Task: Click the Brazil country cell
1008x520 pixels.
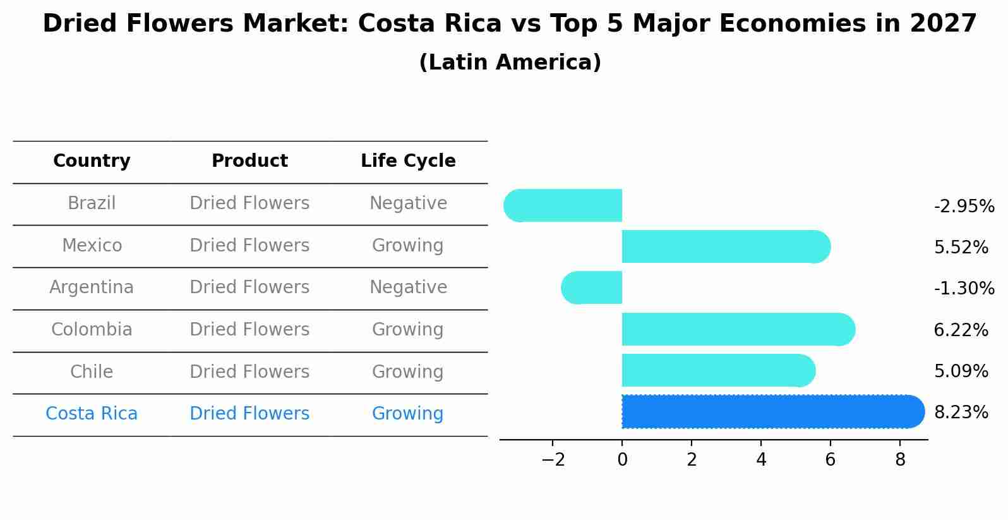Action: pyautogui.click(x=92, y=203)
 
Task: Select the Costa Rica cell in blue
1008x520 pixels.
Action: pyautogui.click(x=92, y=414)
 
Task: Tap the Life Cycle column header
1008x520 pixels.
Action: pyautogui.click(x=408, y=161)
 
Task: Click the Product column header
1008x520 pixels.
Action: pyautogui.click(x=249, y=161)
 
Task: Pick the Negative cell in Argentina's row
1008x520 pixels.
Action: pyautogui.click(x=408, y=287)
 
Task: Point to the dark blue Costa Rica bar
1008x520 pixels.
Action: pyautogui.click(x=771, y=412)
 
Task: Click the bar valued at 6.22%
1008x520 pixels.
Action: pyautogui.click(x=736, y=329)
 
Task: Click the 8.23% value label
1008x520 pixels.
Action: pyautogui.click(x=961, y=413)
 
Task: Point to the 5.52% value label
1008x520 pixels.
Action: pyautogui.click(x=961, y=248)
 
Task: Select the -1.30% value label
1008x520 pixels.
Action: pyautogui.click(x=964, y=289)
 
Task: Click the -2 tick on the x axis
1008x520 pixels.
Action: pyautogui.click(x=553, y=460)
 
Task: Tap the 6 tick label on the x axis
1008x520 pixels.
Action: pyautogui.click(x=830, y=460)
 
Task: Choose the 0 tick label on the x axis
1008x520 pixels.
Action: pyautogui.click(x=622, y=460)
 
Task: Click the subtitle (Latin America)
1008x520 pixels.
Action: pyautogui.click(x=510, y=63)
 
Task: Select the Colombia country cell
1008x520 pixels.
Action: pyautogui.click(x=92, y=330)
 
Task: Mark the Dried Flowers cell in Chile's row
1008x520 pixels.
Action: pyautogui.click(x=249, y=372)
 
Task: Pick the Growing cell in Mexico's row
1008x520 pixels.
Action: pyautogui.click(x=407, y=245)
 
